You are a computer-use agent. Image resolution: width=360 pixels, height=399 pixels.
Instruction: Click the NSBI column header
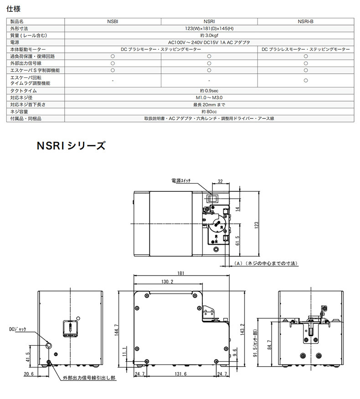tap(113, 21)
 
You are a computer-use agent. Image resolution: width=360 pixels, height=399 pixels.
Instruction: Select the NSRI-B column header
tap(305, 21)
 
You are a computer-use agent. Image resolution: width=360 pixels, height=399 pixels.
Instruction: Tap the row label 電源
tap(15, 42)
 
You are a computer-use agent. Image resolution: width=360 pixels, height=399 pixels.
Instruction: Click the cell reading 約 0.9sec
tap(209, 91)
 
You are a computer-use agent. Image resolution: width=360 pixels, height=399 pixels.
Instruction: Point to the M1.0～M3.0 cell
tap(209, 98)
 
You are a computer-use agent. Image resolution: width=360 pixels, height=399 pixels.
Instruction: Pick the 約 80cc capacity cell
tap(209, 112)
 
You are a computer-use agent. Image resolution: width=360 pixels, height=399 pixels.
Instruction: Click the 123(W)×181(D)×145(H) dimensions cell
tap(209, 29)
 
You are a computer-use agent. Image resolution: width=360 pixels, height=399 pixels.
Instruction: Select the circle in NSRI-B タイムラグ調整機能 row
tap(306, 81)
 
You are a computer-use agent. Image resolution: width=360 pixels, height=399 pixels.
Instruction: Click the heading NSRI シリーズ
tap(71, 146)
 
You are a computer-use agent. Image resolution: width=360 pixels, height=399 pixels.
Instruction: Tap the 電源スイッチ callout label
tap(181, 181)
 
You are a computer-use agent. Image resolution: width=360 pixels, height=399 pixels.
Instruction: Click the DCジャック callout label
tap(18, 329)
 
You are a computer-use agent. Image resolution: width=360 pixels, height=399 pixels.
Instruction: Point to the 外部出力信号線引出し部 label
tap(89, 378)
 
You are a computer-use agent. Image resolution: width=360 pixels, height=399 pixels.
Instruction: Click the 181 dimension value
tap(180, 273)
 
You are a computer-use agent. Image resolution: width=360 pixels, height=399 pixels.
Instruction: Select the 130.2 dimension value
tap(167, 281)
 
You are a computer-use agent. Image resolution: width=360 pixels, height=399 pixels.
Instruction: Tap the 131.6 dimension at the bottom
tap(180, 374)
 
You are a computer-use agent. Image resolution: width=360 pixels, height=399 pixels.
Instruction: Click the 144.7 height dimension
tap(116, 330)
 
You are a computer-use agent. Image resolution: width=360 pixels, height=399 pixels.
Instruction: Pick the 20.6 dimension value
tap(29, 374)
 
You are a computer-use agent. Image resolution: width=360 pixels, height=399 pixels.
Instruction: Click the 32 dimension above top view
tap(220, 181)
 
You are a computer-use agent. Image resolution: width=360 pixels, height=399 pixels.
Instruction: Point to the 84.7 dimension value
tap(269, 345)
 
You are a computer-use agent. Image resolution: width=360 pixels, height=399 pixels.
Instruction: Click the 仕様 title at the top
tap(14, 9)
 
